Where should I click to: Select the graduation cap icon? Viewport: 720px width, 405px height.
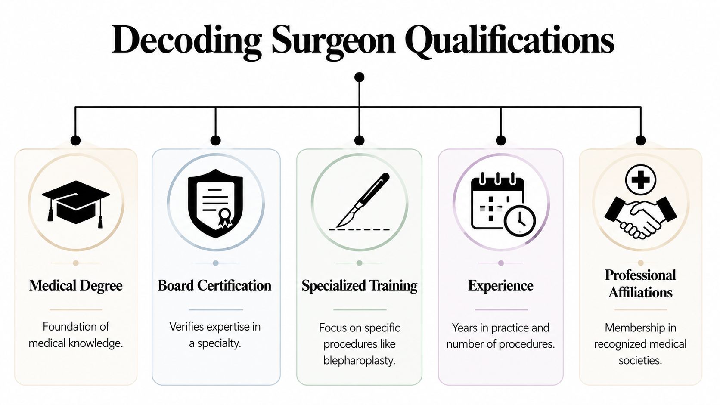tap(76, 202)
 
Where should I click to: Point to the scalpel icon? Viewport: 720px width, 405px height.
tap(362, 200)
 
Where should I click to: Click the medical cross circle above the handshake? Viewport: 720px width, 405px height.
tap(640, 179)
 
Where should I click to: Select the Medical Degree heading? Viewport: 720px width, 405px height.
tap(76, 285)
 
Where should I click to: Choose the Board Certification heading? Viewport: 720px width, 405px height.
tap(214, 285)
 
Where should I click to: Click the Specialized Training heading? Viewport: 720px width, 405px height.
tap(359, 285)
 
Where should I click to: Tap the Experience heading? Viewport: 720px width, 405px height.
tap(500, 285)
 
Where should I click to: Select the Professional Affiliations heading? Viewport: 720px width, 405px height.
tap(640, 284)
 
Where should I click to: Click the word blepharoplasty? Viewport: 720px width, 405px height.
tap(359, 360)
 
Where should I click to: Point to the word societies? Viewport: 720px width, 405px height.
tap(640, 360)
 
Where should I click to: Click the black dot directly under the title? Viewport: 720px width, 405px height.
tap(359, 77)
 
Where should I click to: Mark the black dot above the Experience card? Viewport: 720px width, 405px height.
tap(500, 140)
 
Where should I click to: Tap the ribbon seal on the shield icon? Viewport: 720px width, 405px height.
tap(224, 217)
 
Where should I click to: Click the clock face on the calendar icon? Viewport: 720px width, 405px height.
tap(520, 221)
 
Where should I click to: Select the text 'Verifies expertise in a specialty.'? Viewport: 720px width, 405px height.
tap(215, 335)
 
